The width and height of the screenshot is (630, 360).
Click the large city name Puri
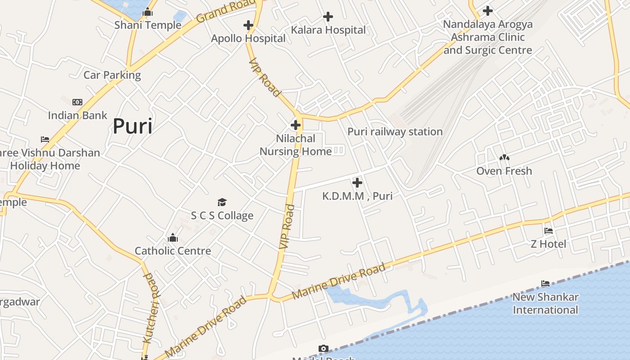pyautogui.click(x=132, y=126)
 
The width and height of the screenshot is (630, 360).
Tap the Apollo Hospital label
pyautogui.click(x=248, y=39)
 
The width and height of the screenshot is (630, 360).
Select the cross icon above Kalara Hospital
pyautogui.click(x=328, y=17)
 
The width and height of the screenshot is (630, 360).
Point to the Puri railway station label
pyautogui.click(x=395, y=132)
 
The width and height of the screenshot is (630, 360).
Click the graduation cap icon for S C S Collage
pyautogui.click(x=222, y=202)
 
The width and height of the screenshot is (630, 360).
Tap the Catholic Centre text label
pyautogui.click(x=173, y=251)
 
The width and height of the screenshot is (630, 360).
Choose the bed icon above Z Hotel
pyautogui.click(x=548, y=231)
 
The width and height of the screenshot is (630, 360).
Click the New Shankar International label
pyautogui.click(x=545, y=303)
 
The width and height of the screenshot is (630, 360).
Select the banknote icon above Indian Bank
pyautogui.click(x=77, y=102)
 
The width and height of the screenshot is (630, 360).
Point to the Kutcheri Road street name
pyautogui.click(x=152, y=308)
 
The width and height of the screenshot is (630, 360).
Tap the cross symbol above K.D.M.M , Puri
pyautogui.click(x=357, y=183)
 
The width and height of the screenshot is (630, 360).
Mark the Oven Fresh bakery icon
pyautogui.click(x=504, y=157)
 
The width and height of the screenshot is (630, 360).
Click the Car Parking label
pyautogui.click(x=112, y=75)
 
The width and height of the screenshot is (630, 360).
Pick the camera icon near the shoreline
pyautogui.click(x=323, y=348)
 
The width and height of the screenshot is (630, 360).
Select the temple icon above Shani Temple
pyautogui.click(x=148, y=12)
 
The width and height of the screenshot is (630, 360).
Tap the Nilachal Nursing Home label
pyautogui.click(x=296, y=145)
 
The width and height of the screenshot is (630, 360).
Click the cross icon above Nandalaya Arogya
pyautogui.click(x=487, y=11)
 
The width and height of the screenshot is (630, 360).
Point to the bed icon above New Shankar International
pyautogui.click(x=545, y=283)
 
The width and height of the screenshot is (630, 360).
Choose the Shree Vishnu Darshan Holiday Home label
pyautogui.click(x=47, y=159)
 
